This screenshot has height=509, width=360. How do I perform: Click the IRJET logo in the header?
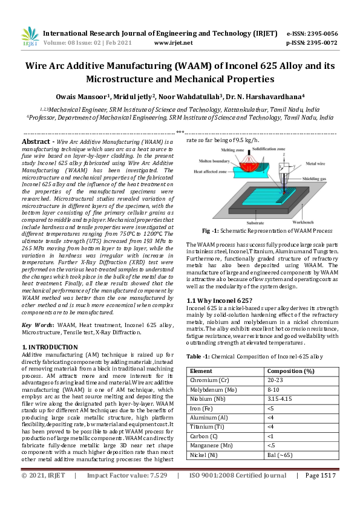pyautogui.click(x=30, y=37)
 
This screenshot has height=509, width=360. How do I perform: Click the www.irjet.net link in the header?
pyautogui.click(x=173, y=43)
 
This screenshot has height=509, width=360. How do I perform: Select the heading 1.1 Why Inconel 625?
pyautogui.click(x=218, y=300)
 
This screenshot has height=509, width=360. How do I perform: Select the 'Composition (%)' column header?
pyautogui.click(x=290, y=371)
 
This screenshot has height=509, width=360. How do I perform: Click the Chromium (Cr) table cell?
pyautogui.click(x=209, y=381)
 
